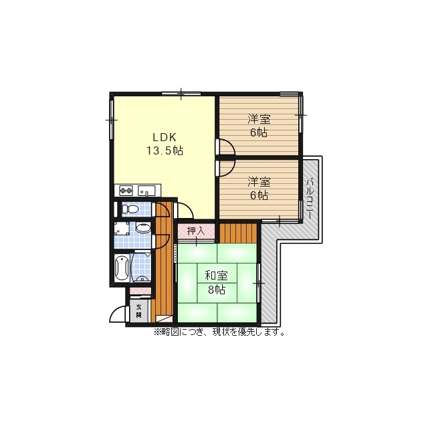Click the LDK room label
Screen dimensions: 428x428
tap(165, 137)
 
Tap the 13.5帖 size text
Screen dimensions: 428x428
tap(165, 150)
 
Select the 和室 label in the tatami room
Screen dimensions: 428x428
tap(216, 276)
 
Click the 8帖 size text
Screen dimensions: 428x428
tap(217, 290)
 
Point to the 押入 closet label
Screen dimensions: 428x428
tap(196, 231)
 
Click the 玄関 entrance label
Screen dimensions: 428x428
tap(139, 310)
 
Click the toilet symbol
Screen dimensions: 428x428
tap(130, 209)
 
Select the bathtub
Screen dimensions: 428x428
tap(122, 268)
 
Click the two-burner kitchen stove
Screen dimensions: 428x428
tap(126, 190)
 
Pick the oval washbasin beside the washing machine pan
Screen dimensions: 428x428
tap(143, 228)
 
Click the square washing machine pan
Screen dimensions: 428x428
tap(122, 228)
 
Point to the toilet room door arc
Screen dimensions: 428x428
tap(165, 207)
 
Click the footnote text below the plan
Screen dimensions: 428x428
tap(220, 332)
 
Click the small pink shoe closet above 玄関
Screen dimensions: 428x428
tap(140, 291)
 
